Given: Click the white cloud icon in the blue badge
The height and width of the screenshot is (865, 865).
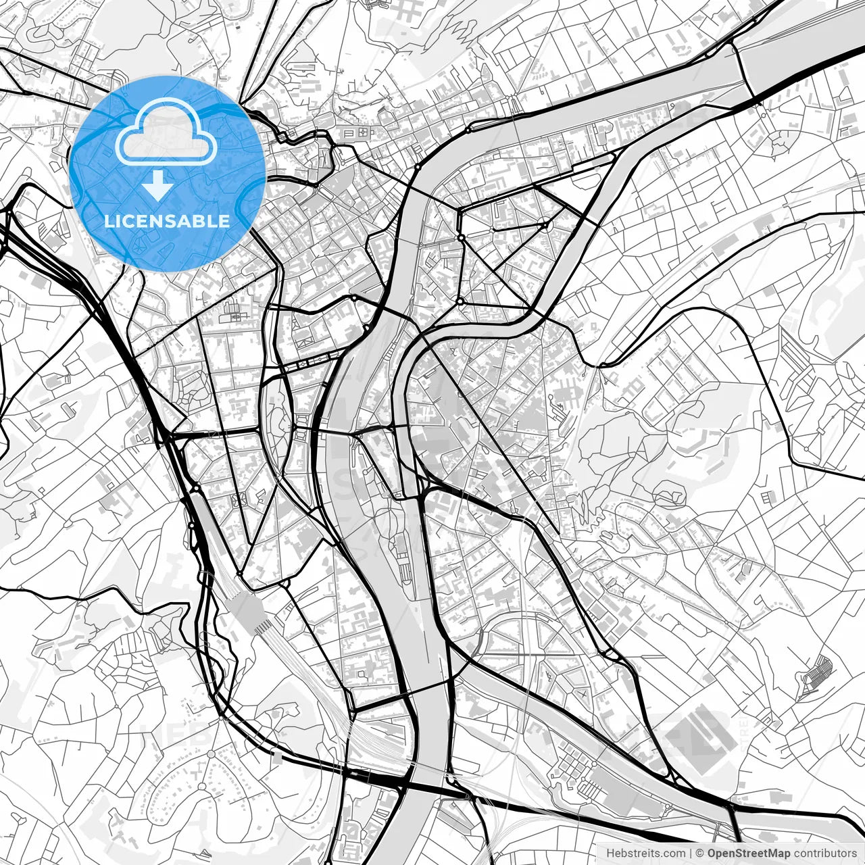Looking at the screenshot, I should pos(166,132).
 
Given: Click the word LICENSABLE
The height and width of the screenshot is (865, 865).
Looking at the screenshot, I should pos(167,221).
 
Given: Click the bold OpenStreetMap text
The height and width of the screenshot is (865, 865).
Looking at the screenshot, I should pos(749,854).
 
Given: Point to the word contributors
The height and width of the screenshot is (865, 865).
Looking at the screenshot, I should pos(824,854).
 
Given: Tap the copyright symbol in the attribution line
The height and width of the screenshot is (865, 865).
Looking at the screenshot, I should pos(701,854).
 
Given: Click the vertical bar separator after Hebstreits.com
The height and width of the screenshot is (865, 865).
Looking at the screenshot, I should pos(690,854).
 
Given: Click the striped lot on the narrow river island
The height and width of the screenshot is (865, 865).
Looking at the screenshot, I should pos(404,561).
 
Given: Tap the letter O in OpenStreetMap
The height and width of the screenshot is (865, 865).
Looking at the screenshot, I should pos(712,854).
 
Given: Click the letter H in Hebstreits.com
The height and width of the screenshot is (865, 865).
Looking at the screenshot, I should pos(610,854).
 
